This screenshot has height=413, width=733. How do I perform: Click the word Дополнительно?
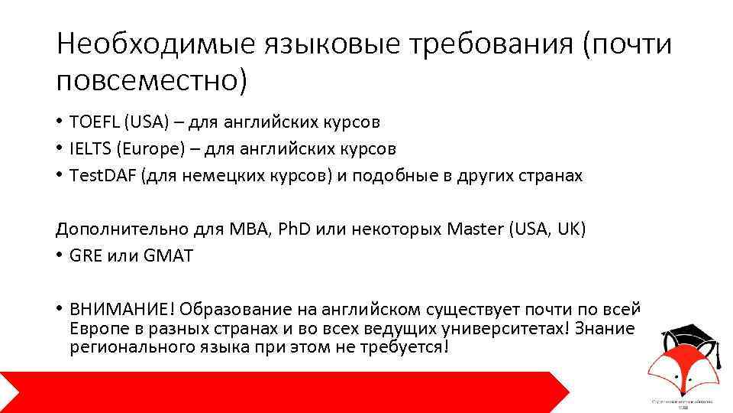click(x=115, y=229)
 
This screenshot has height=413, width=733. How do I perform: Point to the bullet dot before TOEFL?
click(x=59, y=122)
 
